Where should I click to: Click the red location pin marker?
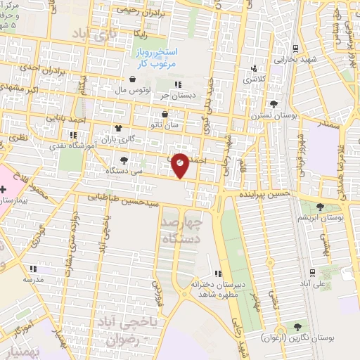tap(180, 165)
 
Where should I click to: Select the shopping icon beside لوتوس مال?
tap(132, 79)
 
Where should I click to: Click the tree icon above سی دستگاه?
tap(124, 160)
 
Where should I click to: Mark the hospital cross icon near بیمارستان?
tap(4, 190)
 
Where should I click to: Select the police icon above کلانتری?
tap(254, 69)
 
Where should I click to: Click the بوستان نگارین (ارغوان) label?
tap(296, 337)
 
